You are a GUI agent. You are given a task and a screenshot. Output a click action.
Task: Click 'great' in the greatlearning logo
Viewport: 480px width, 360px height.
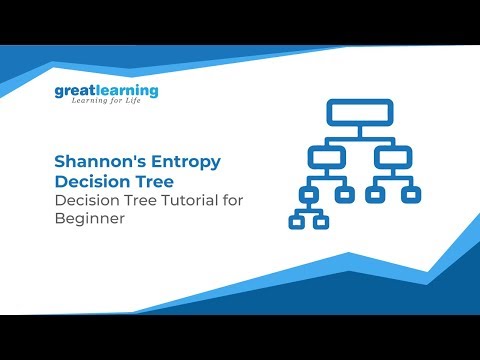point(76,92)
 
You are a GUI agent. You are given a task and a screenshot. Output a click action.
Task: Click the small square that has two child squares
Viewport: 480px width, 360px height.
point(309,193)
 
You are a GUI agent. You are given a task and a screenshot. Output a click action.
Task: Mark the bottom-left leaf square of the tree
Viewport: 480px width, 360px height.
point(296,221)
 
